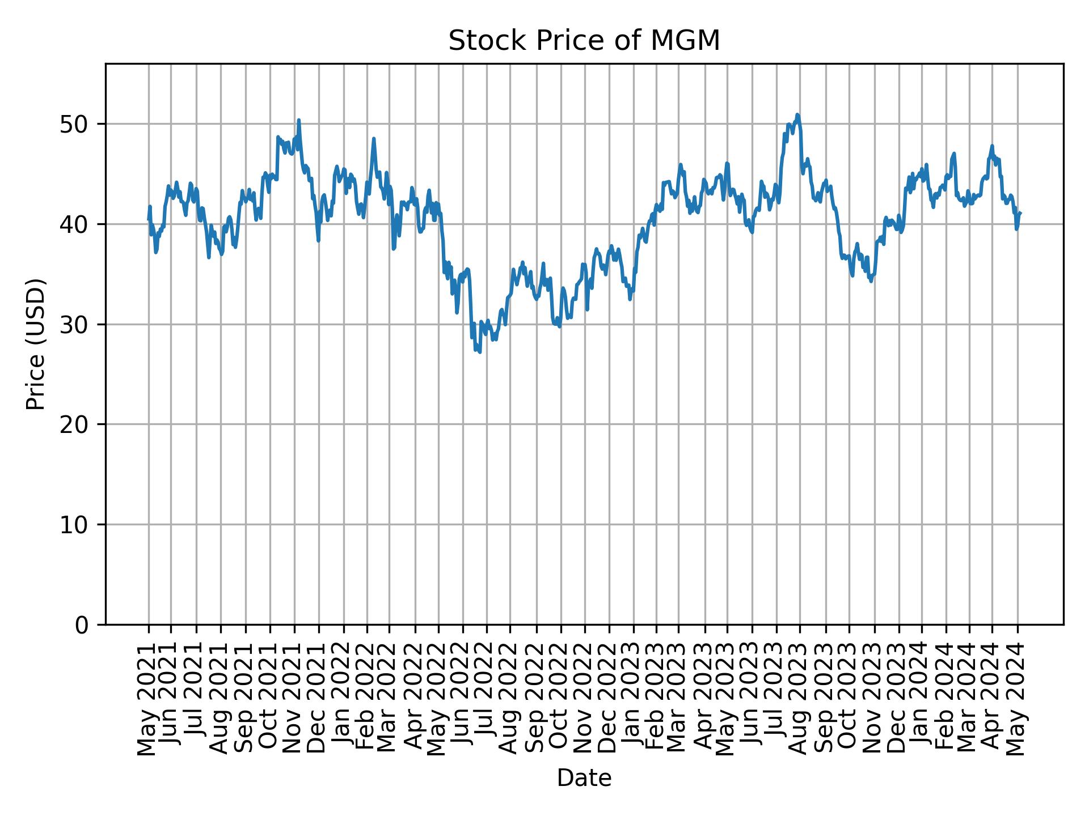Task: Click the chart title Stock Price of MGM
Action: tap(584, 41)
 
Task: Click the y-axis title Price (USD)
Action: tap(36, 344)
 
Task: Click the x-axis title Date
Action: tap(584, 778)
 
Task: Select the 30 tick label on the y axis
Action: tap(73, 325)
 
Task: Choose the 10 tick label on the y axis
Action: tap(73, 525)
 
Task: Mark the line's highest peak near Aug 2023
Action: tap(797, 114)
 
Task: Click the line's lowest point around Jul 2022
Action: tap(480, 352)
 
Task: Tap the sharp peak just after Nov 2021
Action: tap(298, 120)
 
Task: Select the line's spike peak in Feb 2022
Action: tap(374, 138)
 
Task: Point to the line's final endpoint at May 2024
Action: tap(1020, 213)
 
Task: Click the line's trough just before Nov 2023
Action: tap(871, 281)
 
